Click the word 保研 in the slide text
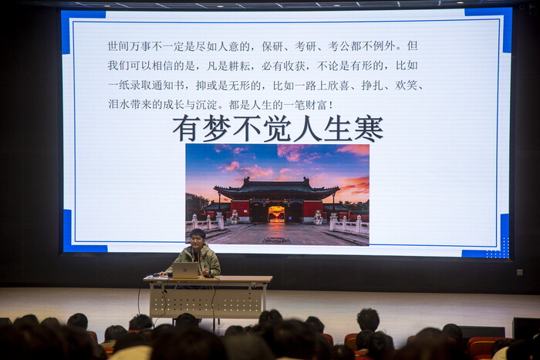(x=272, y=46)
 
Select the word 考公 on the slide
(x=339, y=46)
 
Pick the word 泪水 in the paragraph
(x=119, y=105)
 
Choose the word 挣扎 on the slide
(x=372, y=85)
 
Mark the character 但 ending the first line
(x=412, y=46)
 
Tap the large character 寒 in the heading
(x=369, y=129)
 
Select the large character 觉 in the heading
(x=278, y=129)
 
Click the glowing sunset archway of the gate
(x=276, y=214)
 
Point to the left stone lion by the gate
(x=235, y=217)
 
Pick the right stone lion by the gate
(x=318, y=217)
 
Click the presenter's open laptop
(x=186, y=271)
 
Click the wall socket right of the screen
(x=520, y=273)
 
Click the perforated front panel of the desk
(x=206, y=301)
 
